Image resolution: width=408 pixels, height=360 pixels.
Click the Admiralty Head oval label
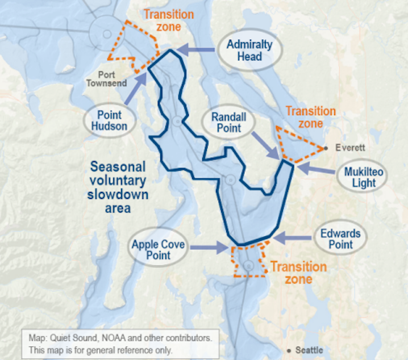(249, 50)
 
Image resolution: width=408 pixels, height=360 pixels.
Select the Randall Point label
(227, 122)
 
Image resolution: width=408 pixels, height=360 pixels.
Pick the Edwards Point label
(340, 239)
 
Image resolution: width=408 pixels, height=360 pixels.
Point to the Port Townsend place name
(106, 79)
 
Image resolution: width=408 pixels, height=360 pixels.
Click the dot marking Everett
(327, 149)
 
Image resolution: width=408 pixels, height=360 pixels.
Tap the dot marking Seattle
(290, 350)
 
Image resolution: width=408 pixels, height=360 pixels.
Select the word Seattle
(310, 350)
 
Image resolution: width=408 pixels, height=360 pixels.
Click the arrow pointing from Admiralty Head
(197, 51)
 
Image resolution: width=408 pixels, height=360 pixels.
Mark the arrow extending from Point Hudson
(136, 90)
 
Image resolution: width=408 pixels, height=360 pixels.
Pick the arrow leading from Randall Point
(264, 146)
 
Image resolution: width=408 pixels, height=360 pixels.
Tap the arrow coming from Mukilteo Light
(315, 168)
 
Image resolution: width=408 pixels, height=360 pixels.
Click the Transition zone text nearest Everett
(310, 117)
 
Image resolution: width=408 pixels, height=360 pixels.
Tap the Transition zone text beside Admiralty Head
(168, 20)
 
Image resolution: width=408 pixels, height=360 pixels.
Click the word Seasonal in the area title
(118, 167)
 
